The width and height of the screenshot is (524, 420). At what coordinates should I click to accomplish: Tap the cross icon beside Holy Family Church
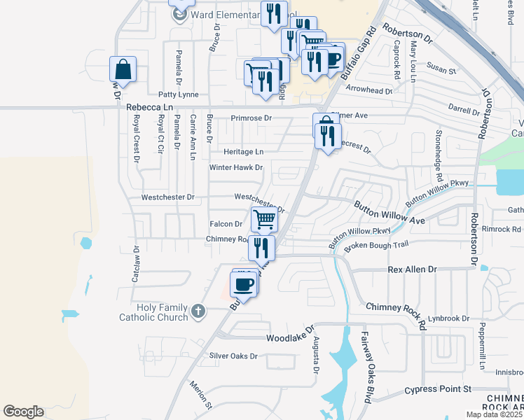click(198, 310)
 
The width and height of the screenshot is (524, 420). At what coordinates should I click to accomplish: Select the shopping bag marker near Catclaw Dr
click(123, 70)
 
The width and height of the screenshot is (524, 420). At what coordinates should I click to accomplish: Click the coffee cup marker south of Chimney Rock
click(244, 283)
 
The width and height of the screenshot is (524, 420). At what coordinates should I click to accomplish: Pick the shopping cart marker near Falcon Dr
click(265, 219)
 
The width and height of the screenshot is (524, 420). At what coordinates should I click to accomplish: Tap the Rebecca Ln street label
click(149, 107)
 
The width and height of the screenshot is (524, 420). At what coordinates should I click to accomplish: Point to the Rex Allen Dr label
click(412, 269)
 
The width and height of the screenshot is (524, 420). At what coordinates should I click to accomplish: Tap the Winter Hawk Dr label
click(235, 168)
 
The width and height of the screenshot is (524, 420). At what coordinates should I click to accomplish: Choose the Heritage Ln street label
click(244, 151)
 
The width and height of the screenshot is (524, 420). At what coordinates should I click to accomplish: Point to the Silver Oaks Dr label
click(234, 356)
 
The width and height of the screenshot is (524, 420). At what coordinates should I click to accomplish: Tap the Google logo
click(23, 412)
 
